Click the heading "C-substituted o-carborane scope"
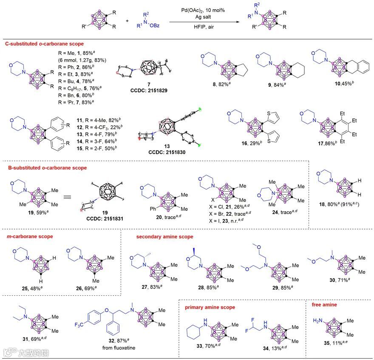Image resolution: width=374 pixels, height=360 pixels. [x=44, y=44]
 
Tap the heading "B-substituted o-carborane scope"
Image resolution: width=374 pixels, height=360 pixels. [x=47, y=168]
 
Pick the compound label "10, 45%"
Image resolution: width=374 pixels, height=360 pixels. [x=323, y=94]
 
